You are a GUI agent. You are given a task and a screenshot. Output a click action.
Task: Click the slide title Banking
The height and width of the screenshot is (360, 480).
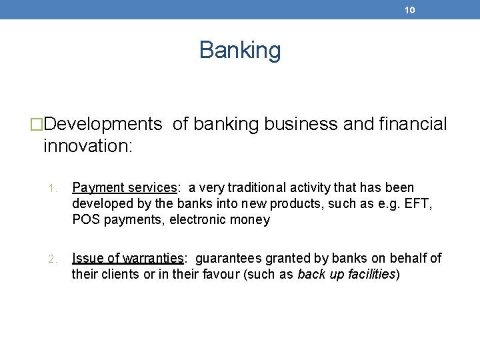point(240,50)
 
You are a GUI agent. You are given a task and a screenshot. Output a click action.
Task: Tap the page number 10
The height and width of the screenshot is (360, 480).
point(409,10)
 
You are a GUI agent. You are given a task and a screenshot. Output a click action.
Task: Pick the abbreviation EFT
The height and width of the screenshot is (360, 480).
point(419,204)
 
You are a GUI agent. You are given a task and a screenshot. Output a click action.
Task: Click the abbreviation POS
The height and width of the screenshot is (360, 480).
point(85,220)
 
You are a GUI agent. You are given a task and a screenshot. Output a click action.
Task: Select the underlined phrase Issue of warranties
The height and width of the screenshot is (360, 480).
point(127,259)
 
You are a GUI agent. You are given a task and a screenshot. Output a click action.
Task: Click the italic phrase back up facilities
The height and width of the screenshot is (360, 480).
point(346,275)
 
